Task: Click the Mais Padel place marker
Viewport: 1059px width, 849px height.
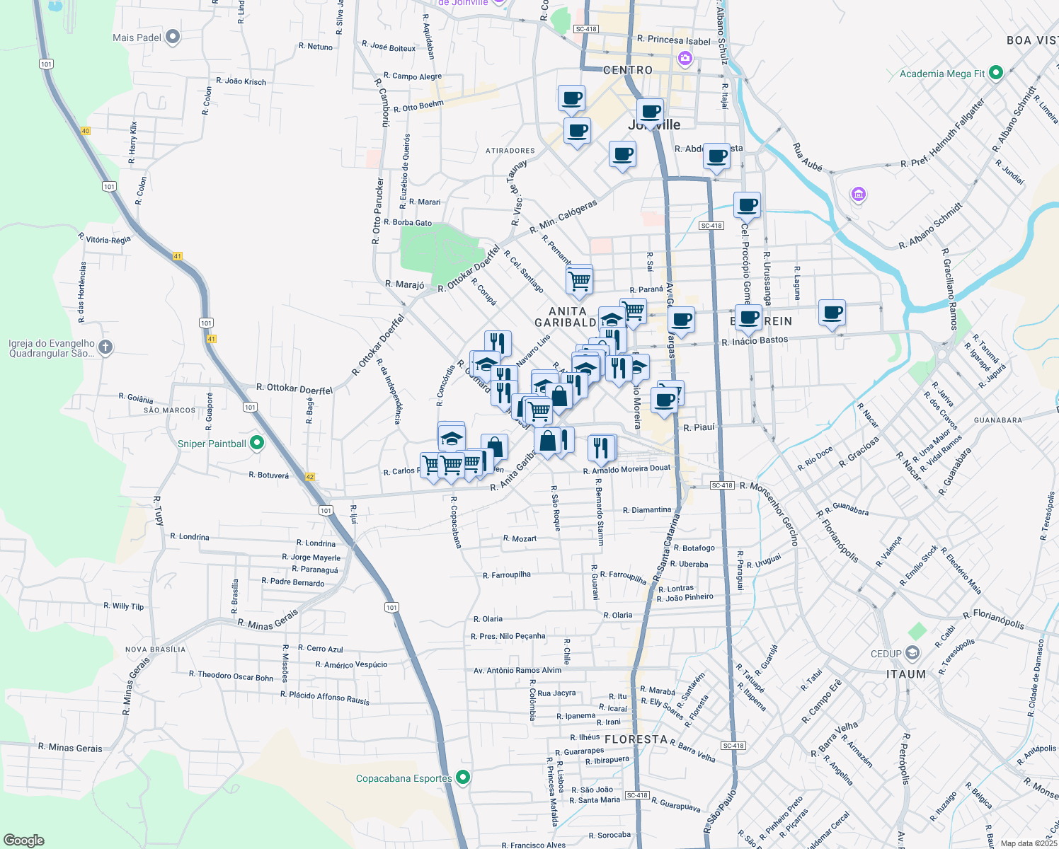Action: tap(173, 37)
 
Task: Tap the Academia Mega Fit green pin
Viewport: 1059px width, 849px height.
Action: tap(996, 73)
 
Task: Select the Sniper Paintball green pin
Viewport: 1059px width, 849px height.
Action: tap(257, 444)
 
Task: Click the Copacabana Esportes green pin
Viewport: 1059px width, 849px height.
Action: tap(463, 778)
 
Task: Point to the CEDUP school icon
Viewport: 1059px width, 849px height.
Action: tap(912, 653)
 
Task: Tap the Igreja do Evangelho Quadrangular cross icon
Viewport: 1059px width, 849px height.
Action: tap(105, 347)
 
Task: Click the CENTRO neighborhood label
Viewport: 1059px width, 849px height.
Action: tap(628, 70)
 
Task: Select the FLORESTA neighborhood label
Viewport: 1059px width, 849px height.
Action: tap(636, 739)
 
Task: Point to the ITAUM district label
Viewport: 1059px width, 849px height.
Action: tap(906, 674)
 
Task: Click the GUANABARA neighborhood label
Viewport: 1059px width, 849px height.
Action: tap(998, 420)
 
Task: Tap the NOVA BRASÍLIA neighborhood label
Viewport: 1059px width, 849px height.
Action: tap(156, 649)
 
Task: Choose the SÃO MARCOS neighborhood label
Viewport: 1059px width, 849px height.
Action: tap(170, 410)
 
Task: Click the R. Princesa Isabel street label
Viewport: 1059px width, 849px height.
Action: tap(673, 40)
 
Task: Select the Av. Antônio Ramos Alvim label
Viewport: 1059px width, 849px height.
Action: tap(517, 670)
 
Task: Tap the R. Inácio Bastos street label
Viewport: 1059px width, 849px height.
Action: tap(755, 341)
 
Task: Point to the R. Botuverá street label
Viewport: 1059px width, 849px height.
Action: tap(269, 475)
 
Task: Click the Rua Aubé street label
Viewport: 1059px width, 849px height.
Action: tap(808, 157)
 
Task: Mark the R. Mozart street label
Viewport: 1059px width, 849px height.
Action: tap(520, 538)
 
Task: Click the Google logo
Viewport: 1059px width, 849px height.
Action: tap(24, 841)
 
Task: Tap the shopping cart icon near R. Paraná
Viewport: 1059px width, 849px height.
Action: tap(580, 280)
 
